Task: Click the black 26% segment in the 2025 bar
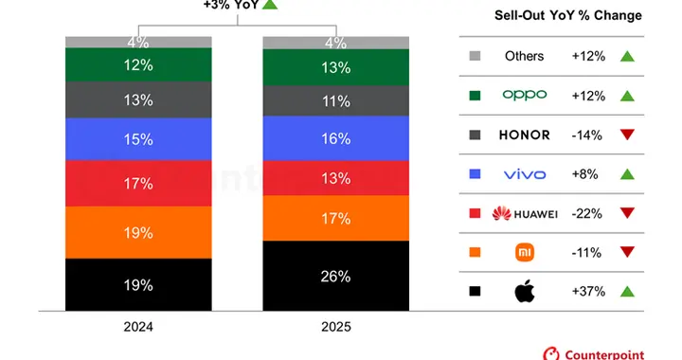335,276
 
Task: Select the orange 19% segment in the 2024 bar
138,231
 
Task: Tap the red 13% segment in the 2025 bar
335,177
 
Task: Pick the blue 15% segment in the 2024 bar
138,139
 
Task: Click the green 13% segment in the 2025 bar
335,67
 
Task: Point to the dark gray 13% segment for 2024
138,99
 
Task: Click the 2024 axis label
138,326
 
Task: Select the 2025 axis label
335,326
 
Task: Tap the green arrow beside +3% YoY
270,5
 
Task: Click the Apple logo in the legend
524,292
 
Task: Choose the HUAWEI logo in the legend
524,213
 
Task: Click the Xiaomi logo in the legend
524,253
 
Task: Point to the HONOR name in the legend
524,135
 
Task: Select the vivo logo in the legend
524,174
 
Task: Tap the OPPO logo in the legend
524,96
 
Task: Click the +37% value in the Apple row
589,292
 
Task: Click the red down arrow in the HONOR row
626,135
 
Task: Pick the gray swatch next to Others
474,56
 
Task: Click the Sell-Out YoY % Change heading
567,16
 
